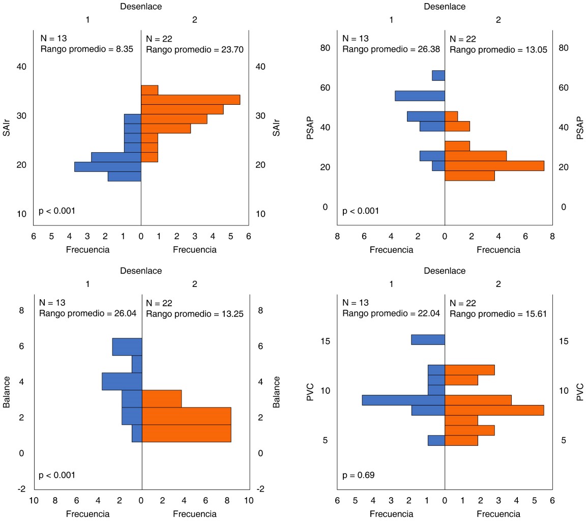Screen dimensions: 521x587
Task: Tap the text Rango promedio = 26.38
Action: [x=391, y=49]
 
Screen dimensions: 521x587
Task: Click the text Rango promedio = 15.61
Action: [x=498, y=314]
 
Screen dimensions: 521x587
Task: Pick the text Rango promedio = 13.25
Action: [x=194, y=314]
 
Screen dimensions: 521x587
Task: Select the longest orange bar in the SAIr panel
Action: [x=190, y=100]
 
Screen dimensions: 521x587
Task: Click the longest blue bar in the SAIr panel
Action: [x=107, y=166]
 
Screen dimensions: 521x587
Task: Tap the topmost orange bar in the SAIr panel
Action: [x=150, y=90]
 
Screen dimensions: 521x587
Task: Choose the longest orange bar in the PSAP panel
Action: [x=494, y=166]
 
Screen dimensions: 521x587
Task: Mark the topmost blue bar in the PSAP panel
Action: [x=438, y=75]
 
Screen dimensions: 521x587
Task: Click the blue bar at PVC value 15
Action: [x=428, y=339]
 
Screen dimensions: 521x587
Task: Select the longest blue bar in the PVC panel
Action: [x=403, y=400]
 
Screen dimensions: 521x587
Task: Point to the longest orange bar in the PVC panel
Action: [x=494, y=410]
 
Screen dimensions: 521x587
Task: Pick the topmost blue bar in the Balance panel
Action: [x=127, y=347]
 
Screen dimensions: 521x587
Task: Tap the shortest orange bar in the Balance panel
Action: [x=162, y=398]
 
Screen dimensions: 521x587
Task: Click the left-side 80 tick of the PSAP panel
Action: [x=325, y=48]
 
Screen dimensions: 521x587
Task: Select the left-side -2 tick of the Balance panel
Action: [x=21, y=489]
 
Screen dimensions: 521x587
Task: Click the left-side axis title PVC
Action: [x=310, y=393]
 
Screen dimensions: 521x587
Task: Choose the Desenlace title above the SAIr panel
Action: [x=141, y=7]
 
